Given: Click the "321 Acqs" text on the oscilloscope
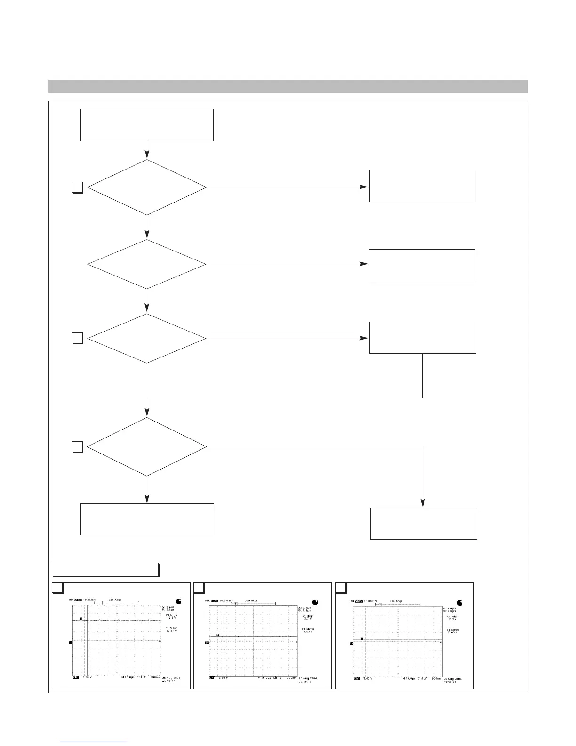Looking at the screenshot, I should (x=115, y=600).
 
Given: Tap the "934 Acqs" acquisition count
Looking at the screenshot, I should (x=395, y=601).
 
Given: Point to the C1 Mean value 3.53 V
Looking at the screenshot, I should (x=308, y=630).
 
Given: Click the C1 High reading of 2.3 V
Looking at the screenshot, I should (x=452, y=618).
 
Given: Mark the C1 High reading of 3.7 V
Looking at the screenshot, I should (x=308, y=617).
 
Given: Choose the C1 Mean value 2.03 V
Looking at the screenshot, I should (x=452, y=631).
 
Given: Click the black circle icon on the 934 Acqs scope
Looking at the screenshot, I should (x=460, y=602).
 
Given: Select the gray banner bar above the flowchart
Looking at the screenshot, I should (x=288, y=87).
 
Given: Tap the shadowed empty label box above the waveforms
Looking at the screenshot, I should (x=104, y=569).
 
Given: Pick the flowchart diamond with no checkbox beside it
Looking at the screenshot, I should (x=147, y=264).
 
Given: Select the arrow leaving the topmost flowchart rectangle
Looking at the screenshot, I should (x=147, y=150).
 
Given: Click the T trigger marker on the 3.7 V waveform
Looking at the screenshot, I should (x=217, y=635).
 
